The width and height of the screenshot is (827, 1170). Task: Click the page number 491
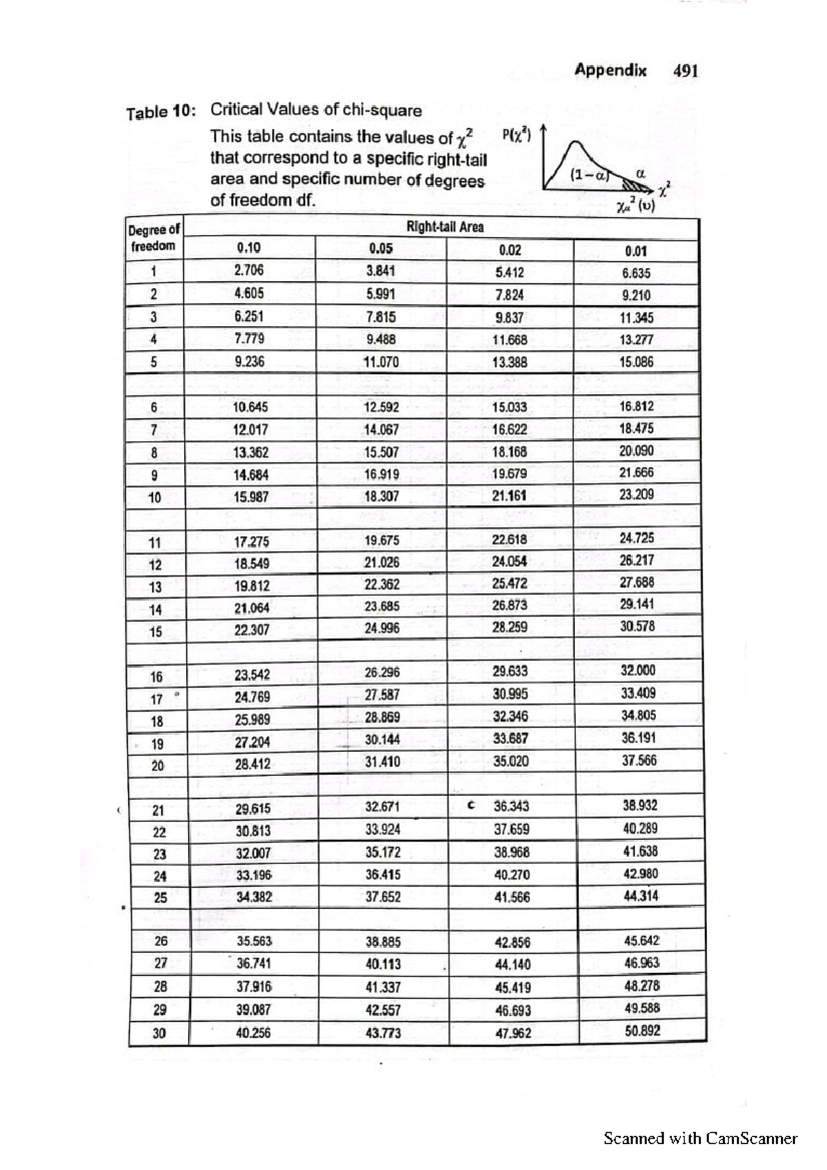[686, 70]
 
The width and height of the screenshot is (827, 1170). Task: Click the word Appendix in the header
[611, 70]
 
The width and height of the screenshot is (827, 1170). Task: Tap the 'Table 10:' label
[161, 112]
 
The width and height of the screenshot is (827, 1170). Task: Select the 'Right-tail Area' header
[445, 227]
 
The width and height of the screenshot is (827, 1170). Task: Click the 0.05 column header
[380, 249]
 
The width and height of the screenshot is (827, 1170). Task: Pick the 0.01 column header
[635, 251]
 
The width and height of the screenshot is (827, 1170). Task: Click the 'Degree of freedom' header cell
[154, 238]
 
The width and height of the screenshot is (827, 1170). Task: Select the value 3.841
[381, 271]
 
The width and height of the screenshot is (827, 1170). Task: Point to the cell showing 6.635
[635, 273]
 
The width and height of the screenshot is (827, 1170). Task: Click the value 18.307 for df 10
[381, 496]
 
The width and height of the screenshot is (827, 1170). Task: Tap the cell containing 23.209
[636, 495]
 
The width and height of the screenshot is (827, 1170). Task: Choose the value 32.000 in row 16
[637, 670]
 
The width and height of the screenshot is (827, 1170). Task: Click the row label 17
[157, 699]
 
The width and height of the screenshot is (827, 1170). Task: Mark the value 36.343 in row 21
[511, 805]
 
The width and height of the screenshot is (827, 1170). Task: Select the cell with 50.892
[642, 1031]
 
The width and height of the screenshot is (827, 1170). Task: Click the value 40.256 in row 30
[253, 1033]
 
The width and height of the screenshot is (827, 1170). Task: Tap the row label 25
[160, 898]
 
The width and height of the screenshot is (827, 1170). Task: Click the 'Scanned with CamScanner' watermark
[700, 1138]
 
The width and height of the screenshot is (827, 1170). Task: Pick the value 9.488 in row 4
[380, 339]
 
